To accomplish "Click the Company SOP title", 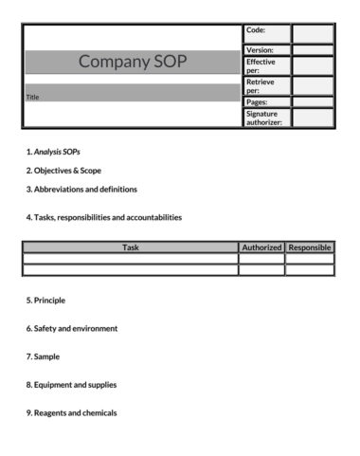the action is tap(133, 63).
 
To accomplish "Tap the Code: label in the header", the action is tap(256, 30).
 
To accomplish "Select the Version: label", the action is tap(260, 49).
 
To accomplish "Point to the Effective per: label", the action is tap(261, 65).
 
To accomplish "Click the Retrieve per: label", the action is tap(261, 85).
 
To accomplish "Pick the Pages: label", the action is tap(257, 101).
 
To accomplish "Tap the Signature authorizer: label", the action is tap(264, 118).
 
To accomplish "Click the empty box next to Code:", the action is tap(313, 34).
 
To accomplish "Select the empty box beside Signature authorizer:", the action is tap(313, 118).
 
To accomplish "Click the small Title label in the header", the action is tap(32, 97).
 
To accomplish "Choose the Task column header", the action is tap(130, 247).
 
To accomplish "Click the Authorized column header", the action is tap(261, 247).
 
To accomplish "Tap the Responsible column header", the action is tap(310, 247).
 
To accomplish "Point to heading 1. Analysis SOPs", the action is tap(59, 152).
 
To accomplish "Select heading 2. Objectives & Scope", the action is tap(63, 171).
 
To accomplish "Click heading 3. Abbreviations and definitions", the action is tap(81, 189).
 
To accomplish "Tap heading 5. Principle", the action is tap(45, 301).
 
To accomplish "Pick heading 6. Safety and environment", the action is tap(72, 329).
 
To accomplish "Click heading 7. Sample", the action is tap(43, 356).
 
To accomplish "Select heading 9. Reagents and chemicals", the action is tap(72, 413).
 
